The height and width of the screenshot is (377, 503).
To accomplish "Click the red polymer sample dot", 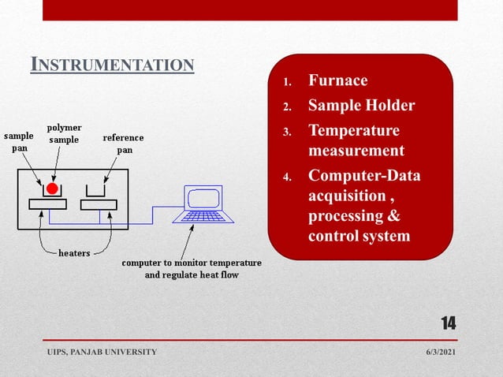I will [x=52, y=188].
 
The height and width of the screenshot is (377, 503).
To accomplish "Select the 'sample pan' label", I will [x=20, y=142].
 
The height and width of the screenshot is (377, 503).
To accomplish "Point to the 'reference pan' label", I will [x=124, y=143].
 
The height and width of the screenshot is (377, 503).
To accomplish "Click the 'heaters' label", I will [x=74, y=253].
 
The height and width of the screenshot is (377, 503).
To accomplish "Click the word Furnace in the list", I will [x=337, y=80].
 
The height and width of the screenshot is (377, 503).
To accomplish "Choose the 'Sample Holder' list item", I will [x=361, y=106].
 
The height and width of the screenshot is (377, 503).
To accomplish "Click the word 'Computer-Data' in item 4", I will [x=364, y=175].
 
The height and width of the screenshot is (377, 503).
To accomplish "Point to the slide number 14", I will [x=448, y=323].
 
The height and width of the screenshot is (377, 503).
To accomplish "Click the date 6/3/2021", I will [x=439, y=351].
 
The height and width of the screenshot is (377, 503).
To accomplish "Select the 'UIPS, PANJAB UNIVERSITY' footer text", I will [x=101, y=351].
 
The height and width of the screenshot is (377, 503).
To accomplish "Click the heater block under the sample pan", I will [x=48, y=204].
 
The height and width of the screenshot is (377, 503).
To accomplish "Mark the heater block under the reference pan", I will [x=99, y=204].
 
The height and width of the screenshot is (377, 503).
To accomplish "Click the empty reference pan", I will [x=98, y=192].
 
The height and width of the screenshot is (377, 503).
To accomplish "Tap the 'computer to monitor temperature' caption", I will [x=192, y=263].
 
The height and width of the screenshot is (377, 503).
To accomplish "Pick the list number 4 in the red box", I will [x=288, y=176].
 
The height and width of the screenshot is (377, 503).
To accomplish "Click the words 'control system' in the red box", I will [x=359, y=236].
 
